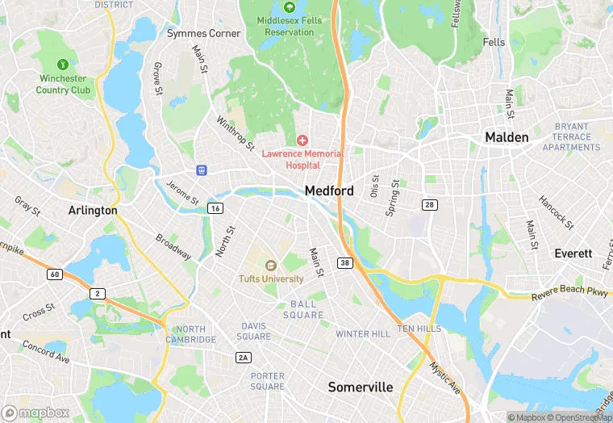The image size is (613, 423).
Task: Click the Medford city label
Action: [x=329, y=191]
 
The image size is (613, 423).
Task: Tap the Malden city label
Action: [x=507, y=137]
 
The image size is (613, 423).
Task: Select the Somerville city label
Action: [x=361, y=387]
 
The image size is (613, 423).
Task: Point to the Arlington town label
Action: [x=93, y=210]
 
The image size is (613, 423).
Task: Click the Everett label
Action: [x=573, y=253]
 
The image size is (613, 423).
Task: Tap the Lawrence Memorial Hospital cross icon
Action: [x=302, y=140]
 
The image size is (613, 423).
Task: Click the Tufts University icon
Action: [x=270, y=266]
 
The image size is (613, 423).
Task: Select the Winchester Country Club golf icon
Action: [x=62, y=64]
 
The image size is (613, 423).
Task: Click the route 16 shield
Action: [x=215, y=208]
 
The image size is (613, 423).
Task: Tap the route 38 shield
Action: [x=345, y=263]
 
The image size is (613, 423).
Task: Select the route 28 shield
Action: [x=430, y=205]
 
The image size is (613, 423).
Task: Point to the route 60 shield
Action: [x=54, y=274]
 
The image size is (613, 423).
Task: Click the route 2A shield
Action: [x=243, y=358]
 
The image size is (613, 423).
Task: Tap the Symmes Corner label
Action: [x=203, y=33]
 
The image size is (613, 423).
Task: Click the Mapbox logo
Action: [x=35, y=413]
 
